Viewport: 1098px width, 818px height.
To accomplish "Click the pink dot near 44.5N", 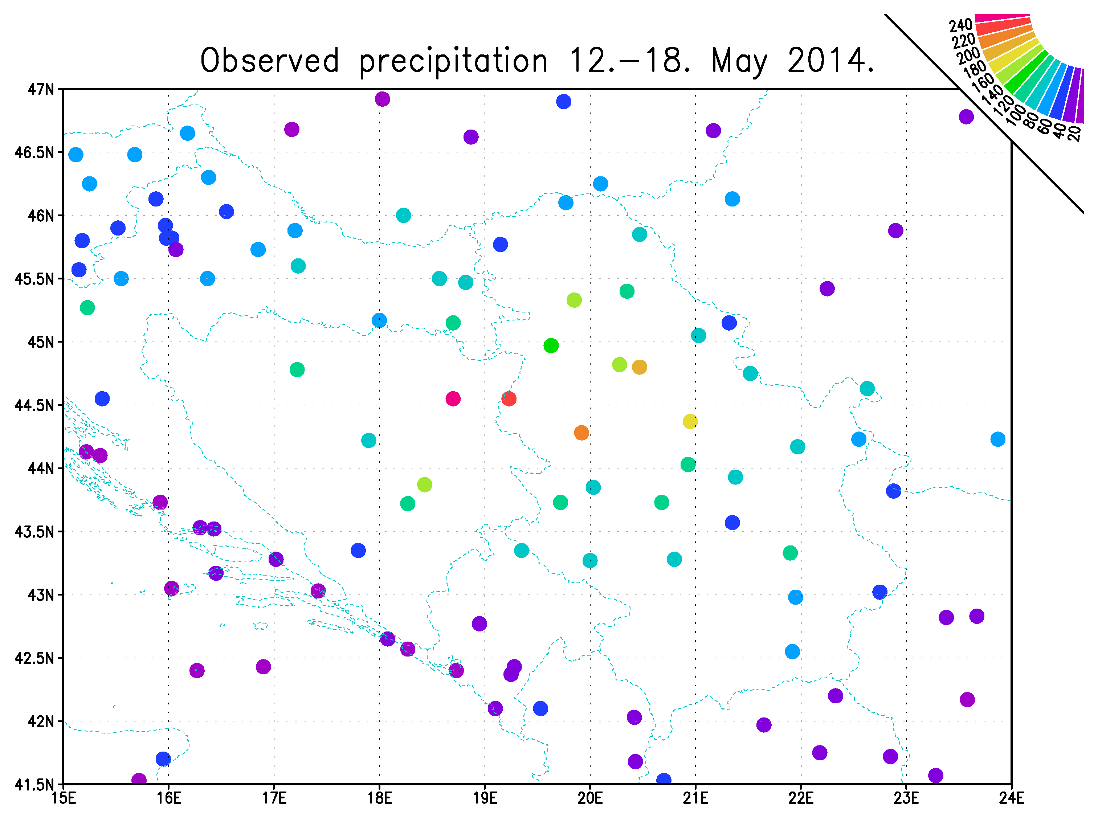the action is [453, 398].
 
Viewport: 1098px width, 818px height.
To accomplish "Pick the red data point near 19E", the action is [509, 398].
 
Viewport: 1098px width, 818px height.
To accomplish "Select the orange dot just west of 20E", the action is [581, 433].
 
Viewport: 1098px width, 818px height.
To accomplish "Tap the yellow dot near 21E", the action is [690, 421].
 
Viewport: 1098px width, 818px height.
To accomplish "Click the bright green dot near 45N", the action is [551, 345].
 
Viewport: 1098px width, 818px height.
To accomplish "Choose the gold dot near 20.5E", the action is [640, 367].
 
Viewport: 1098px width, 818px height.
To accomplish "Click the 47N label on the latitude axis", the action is [41, 90].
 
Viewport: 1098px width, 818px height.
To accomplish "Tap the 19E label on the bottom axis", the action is [485, 798].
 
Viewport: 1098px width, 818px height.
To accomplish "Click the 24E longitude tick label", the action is [1011, 798].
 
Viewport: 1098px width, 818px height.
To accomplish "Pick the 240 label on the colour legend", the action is [960, 25].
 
